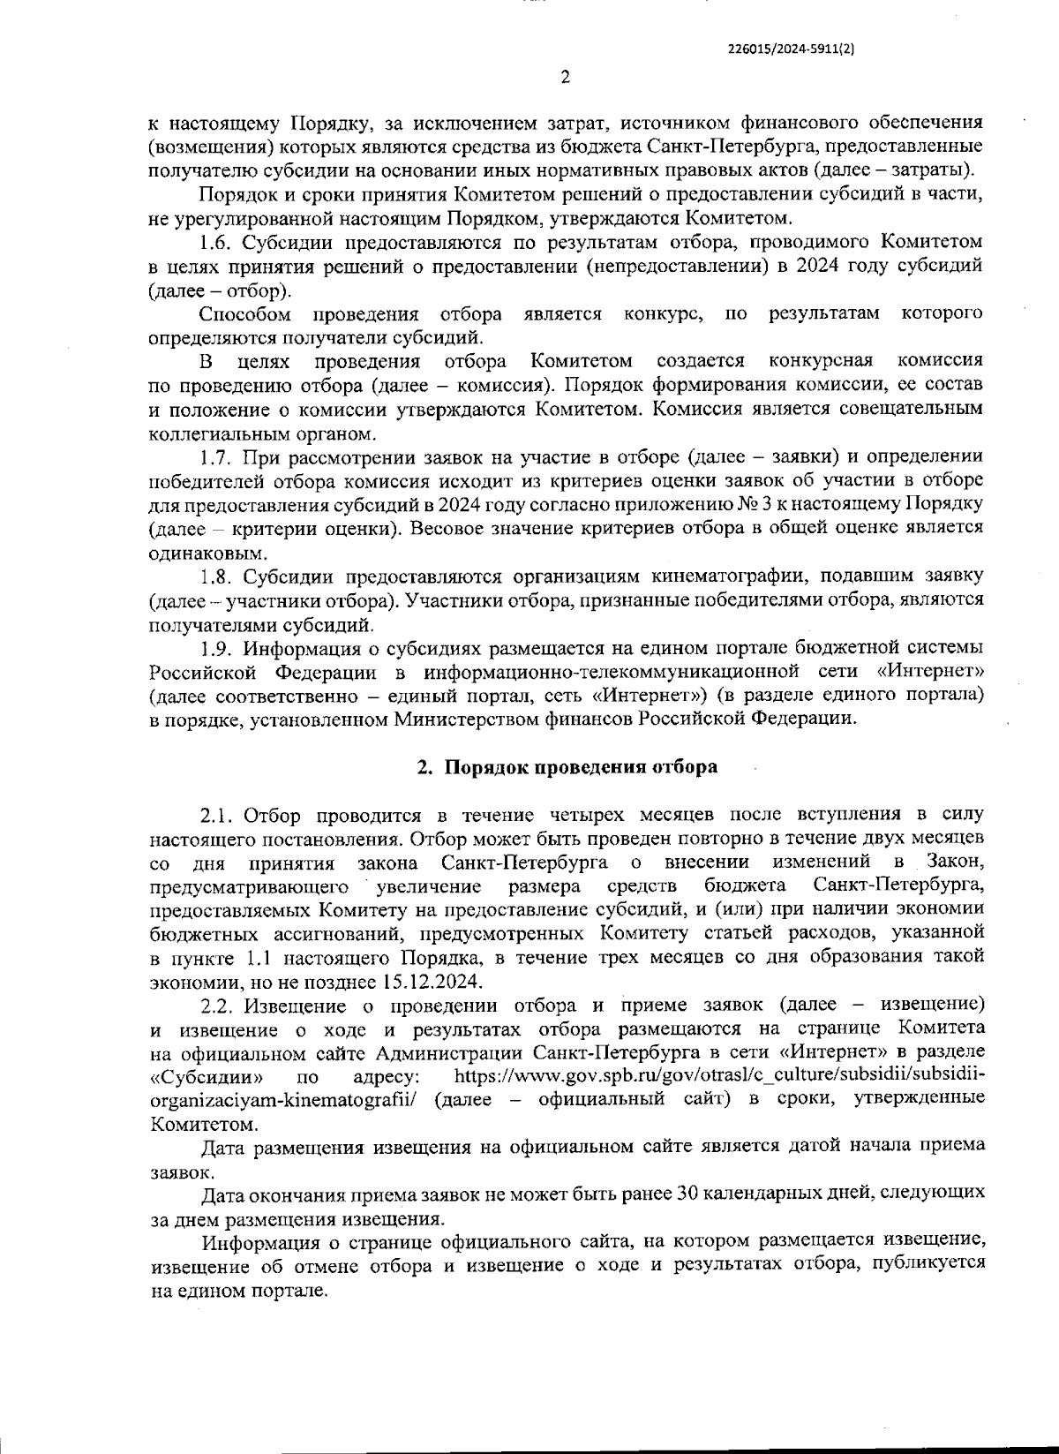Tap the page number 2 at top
point(566,78)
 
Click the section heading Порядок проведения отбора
point(580,766)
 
